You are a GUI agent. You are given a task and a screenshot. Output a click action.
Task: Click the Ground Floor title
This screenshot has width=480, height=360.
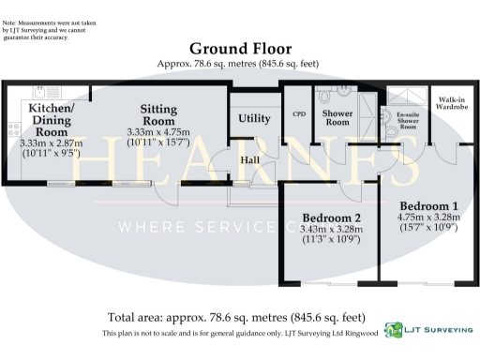[240, 49]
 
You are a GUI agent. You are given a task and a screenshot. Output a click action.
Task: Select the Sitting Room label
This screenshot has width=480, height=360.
[157, 115]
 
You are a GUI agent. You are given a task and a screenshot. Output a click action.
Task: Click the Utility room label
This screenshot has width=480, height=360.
[254, 118]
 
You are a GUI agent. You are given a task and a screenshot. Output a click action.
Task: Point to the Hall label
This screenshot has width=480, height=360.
[249, 160]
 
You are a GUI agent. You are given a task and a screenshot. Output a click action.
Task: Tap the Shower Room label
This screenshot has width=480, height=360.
[337, 118]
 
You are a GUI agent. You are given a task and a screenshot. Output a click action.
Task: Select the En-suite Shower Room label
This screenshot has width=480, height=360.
[407, 123]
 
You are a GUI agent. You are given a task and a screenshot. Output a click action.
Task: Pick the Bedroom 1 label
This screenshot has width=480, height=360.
[428, 205]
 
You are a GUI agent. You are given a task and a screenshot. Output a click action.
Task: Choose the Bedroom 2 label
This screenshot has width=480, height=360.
[332, 217]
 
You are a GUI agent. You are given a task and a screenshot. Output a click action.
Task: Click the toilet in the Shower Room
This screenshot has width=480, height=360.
[325, 95]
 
